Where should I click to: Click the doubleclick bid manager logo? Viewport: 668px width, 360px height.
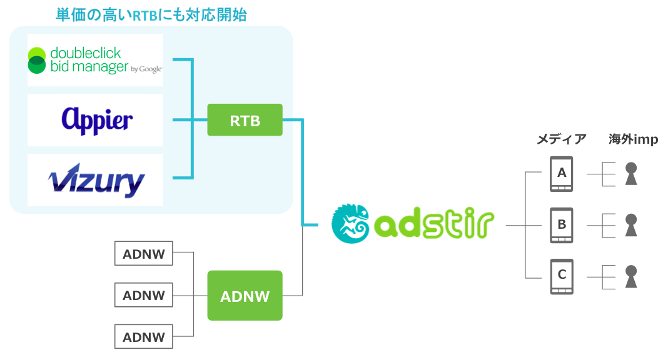[95, 60]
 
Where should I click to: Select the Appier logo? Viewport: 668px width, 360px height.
[97, 121]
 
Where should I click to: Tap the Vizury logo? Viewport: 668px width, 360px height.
[96, 181]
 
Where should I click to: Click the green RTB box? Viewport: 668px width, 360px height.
[245, 120]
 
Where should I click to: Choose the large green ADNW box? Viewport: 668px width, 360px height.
[245, 296]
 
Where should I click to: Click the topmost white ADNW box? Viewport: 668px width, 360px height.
[144, 254]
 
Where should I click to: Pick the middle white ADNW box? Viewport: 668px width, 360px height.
[144, 295]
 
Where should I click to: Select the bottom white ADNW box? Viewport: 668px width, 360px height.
[144, 337]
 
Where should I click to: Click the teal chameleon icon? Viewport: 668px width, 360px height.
[350, 223]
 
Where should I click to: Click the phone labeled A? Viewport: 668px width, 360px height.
[562, 174]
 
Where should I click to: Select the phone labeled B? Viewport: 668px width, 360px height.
[562, 226]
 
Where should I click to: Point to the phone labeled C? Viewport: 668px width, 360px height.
[562, 277]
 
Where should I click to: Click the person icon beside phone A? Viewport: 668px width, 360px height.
[631, 174]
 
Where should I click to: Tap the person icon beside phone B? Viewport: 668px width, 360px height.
[631, 225]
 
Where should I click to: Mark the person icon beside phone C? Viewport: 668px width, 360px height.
[631, 277]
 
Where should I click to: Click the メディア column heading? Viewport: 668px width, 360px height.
[562, 139]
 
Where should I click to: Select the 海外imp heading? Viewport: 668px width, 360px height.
[633, 139]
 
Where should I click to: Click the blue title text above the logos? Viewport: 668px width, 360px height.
[151, 15]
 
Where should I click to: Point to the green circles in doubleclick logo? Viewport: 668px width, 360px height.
[37, 60]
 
